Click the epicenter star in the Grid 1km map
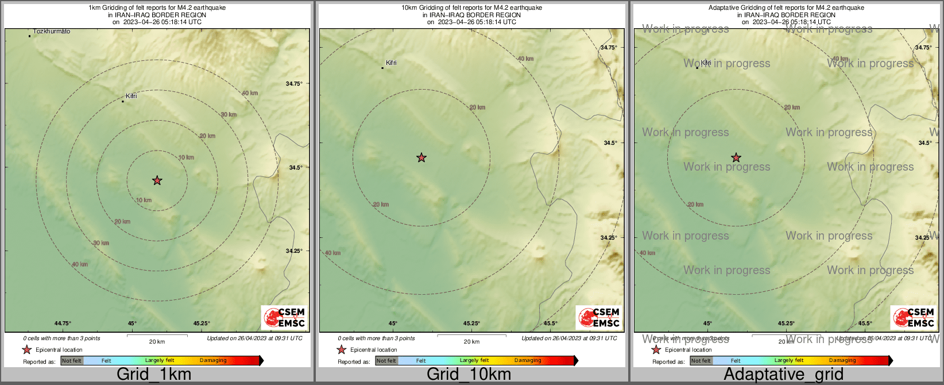click(157, 180)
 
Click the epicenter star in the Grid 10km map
click(421, 157)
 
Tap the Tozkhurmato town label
click(52, 32)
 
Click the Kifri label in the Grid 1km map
click(131, 96)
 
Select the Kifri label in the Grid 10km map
click(391, 63)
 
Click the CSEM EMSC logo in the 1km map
click(284, 317)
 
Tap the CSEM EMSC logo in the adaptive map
click(913, 317)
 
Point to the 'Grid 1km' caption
click(154, 375)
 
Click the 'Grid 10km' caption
click(469, 375)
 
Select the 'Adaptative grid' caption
click(783, 375)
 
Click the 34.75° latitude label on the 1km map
click(294, 84)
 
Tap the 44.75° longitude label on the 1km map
click(63, 324)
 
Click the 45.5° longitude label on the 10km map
click(551, 324)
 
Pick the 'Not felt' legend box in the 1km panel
click(72, 361)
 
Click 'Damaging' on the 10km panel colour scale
click(528, 361)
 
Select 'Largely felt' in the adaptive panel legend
click(789, 361)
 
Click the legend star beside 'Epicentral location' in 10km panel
click(341, 349)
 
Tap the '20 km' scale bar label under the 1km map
click(157, 342)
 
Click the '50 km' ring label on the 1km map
click(249, 93)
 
